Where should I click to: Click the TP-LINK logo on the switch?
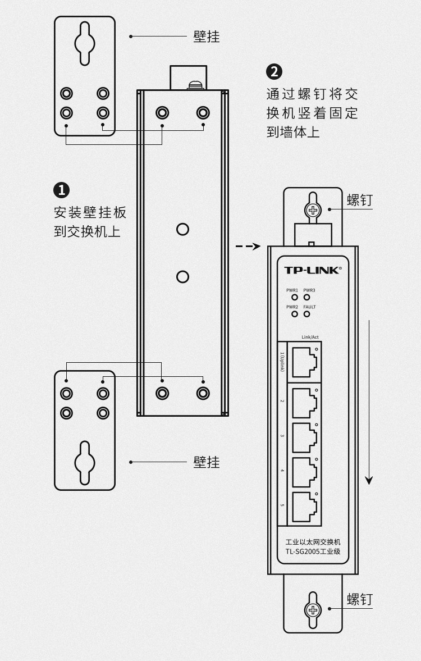coord(312,270)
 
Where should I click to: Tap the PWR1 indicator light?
coord(294,296)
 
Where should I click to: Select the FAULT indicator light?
coord(307,313)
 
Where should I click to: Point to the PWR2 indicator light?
coord(294,313)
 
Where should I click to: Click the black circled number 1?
coord(61,190)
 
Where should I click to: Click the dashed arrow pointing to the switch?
coord(248,246)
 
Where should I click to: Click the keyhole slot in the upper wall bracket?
coord(84,43)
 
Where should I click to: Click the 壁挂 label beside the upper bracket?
coord(206,37)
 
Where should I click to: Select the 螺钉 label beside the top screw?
coord(359,200)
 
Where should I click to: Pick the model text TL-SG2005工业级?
coord(313,551)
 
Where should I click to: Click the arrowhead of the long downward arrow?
coord(369,480)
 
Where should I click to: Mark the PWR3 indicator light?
coord(307,296)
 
